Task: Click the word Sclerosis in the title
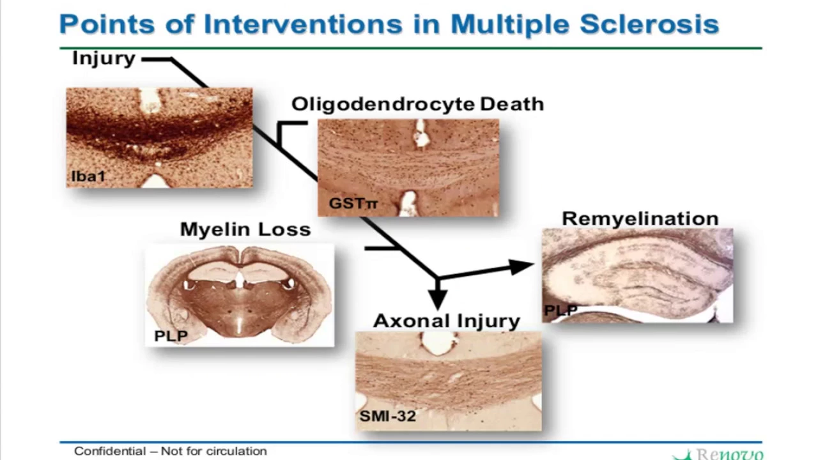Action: point(649,24)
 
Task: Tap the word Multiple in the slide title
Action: point(510,26)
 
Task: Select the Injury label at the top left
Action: point(104,59)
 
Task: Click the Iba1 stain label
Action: point(88,176)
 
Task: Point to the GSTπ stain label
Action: point(353,203)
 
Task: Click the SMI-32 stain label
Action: point(388,416)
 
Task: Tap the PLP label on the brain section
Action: point(171,335)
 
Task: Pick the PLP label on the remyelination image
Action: point(560,310)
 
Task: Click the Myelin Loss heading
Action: point(245,229)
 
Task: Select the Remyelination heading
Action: point(640,219)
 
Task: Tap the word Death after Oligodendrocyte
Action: point(512,104)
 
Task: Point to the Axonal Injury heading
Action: point(447,321)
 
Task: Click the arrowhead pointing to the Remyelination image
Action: point(521,266)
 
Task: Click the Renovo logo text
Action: point(730,454)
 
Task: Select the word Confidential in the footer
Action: point(110,451)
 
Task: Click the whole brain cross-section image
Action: point(240,295)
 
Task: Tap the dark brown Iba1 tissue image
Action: point(159,137)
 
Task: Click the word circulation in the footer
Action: point(236,451)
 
